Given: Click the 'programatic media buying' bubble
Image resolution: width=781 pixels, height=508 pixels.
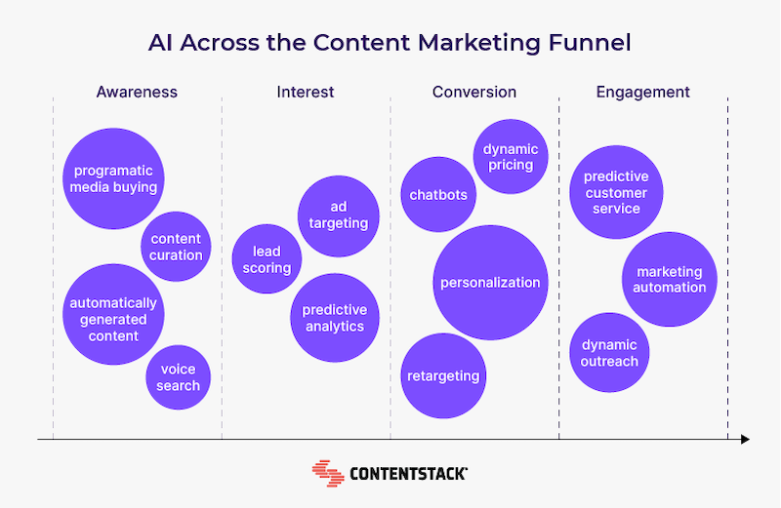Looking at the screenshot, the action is [113, 178].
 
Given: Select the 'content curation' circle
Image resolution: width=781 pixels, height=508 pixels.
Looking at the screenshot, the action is [176, 247].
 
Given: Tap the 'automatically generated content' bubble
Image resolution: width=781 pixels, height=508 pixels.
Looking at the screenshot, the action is [113, 314].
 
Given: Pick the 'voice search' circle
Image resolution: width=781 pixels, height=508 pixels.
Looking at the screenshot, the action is [179, 377].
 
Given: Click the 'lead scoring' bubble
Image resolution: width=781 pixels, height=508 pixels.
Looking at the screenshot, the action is [267, 258].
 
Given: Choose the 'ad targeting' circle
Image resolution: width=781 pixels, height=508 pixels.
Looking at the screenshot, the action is [339, 215].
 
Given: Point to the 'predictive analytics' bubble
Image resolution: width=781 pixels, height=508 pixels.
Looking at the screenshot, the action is [335, 318].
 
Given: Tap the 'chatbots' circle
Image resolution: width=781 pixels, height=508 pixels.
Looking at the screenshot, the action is [438, 194].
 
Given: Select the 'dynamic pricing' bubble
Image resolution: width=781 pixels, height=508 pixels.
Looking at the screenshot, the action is [511, 156].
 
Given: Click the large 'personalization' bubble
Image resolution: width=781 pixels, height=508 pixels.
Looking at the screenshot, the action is [491, 283].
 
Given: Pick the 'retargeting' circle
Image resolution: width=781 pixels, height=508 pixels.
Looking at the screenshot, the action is [443, 375].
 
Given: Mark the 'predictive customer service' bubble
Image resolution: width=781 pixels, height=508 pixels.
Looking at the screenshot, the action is [616, 192].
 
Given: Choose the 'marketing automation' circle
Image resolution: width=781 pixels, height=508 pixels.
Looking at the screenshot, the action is [670, 279].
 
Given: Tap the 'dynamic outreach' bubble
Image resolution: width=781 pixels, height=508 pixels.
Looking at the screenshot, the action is [609, 352].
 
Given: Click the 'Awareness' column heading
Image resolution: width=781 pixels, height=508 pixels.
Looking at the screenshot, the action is [137, 92].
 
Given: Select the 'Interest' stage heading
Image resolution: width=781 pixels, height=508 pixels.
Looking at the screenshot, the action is [306, 92].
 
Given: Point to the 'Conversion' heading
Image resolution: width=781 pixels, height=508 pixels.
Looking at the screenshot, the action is [474, 92].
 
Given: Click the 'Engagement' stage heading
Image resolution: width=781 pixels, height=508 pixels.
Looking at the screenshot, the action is [643, 93].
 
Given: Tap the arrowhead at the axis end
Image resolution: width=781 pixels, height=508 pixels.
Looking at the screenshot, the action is [745, 440].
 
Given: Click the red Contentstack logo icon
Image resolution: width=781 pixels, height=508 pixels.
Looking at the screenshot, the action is [328, 473].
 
